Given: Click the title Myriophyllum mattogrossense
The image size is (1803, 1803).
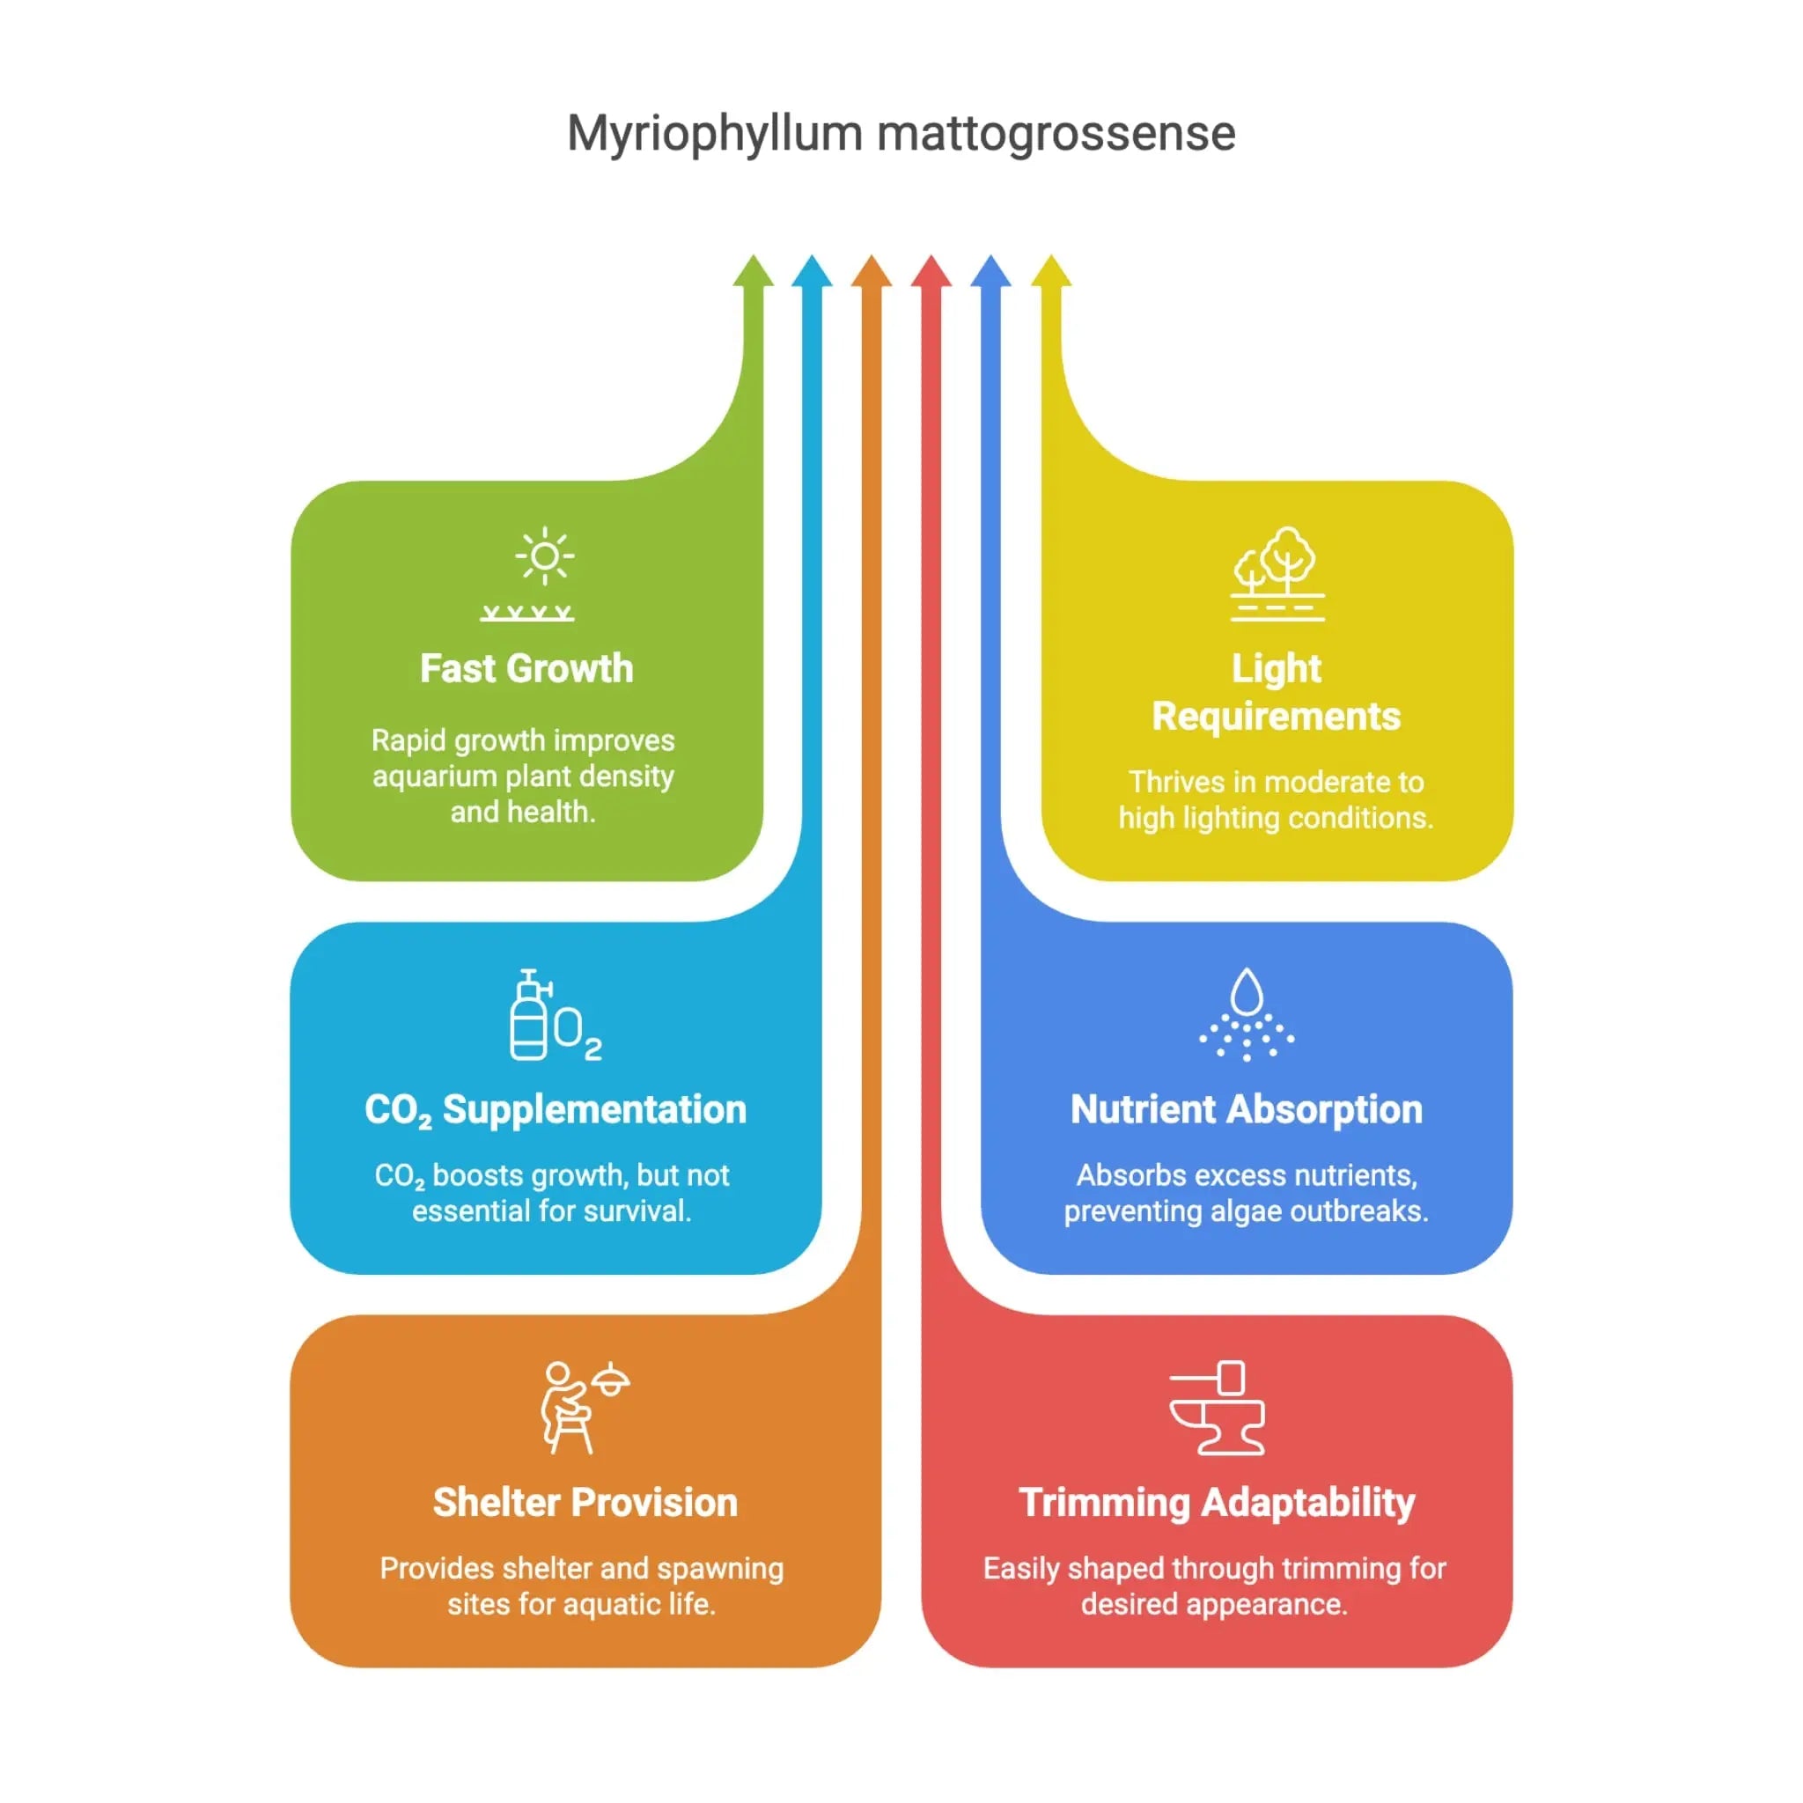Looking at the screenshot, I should [901, 134].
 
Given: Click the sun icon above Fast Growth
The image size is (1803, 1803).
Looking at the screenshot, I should [544, 558].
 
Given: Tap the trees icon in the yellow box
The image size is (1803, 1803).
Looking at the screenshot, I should [1277, 573].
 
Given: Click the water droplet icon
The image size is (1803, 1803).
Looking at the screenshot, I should [1247, 1014].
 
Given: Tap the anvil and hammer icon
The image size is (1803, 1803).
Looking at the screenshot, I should [1217, 1409].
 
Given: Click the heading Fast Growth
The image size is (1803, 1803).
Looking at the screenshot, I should [526, 669].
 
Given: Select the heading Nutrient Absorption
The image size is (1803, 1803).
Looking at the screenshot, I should [1247, 1109].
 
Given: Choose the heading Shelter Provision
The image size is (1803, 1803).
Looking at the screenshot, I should [585, 1504].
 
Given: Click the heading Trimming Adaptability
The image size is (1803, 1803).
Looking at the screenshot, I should [1217, 1504].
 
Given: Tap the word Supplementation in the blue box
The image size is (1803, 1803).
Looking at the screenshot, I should [594, 1109].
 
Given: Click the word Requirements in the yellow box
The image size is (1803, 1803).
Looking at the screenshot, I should [1277, 717].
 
